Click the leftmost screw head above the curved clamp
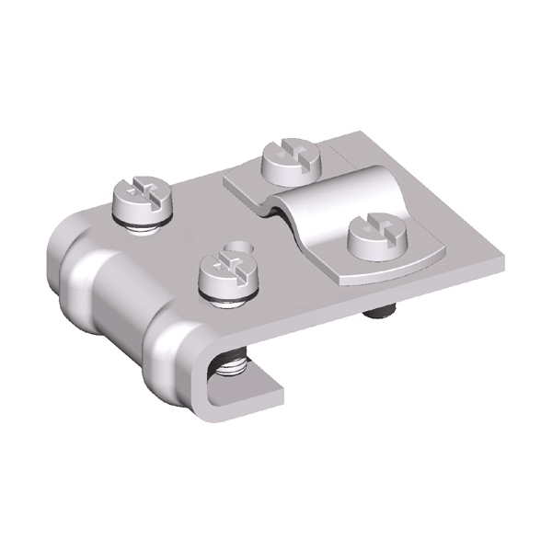(141, 198)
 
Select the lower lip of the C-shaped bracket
(248, 386)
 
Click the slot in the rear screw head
(292, 153)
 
